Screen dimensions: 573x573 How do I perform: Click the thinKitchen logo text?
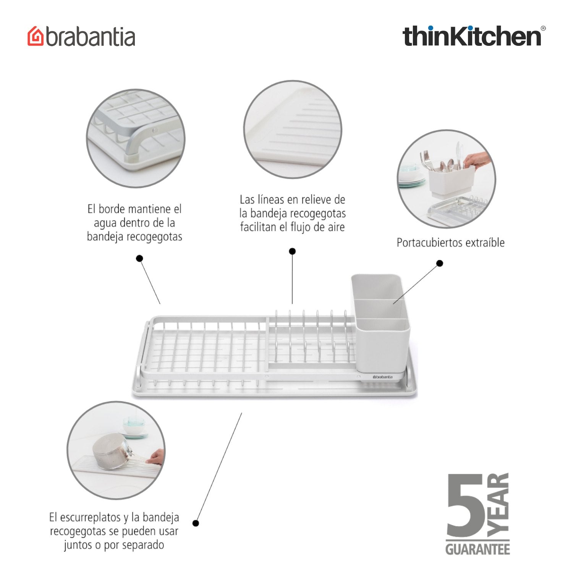(x=471, y=36)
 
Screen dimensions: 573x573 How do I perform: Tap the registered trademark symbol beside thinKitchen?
(x=543, y=28)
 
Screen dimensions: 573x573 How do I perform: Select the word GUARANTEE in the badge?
(x=477, y=549)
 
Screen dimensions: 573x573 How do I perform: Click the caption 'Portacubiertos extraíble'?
(x=450, y=243)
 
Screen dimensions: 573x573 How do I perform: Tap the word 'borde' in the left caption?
(x=113, y=209)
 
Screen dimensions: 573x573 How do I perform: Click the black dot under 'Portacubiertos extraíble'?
(x=440, y=263)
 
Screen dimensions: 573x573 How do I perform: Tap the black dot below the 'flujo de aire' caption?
(x=292, y=251)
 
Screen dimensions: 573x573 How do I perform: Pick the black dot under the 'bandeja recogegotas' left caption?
(x=139, y=259)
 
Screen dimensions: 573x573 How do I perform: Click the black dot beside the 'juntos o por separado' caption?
(x=196, y=523)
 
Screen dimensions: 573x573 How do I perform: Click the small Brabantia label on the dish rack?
(x=382, y=377)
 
